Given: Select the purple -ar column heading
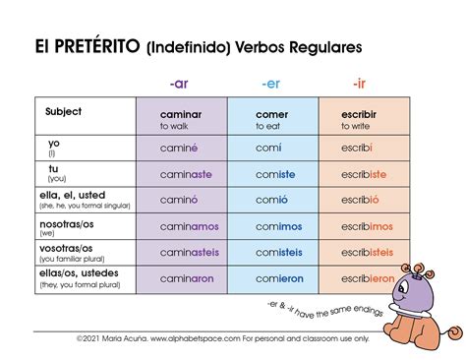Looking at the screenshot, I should [180, 83].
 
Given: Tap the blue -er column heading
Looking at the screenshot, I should [270, 83].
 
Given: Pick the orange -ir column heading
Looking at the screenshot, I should [361, 83].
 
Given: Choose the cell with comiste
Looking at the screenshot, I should [274, 174].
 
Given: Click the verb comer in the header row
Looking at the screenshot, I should [271, 114].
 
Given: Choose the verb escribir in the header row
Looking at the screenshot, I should [359, 114].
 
